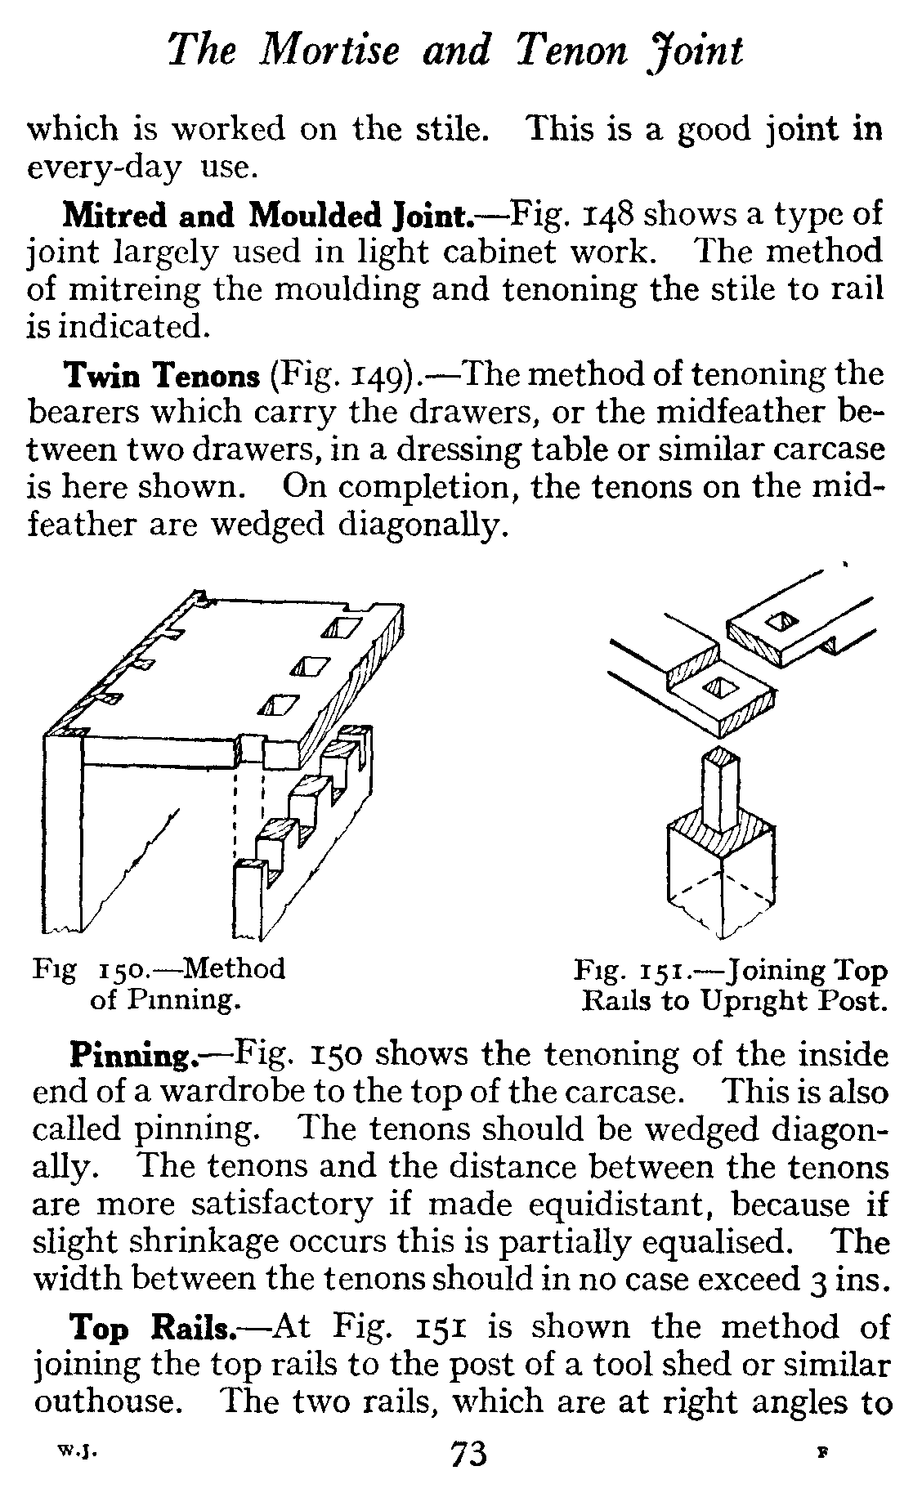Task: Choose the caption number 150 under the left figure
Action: (122, 970)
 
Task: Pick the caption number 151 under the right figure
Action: (663, 972)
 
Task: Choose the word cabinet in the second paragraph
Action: (506, 253)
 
